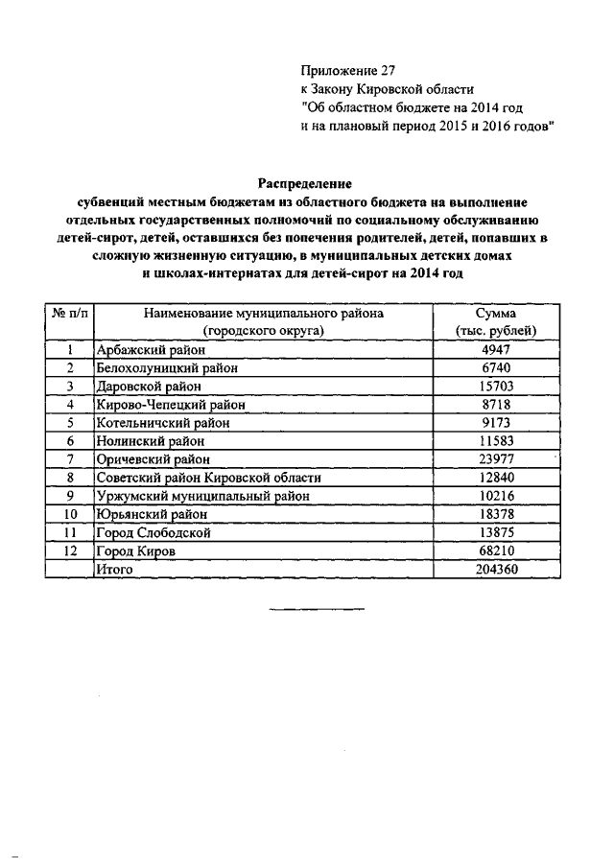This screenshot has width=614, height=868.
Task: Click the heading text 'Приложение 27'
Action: point(347,70)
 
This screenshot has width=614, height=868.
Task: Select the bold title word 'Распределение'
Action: point(305,182)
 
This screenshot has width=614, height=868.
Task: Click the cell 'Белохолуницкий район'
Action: point(164,367)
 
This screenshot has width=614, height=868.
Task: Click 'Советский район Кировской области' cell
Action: point(207,478)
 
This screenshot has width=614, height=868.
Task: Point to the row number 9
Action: point(70,496)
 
